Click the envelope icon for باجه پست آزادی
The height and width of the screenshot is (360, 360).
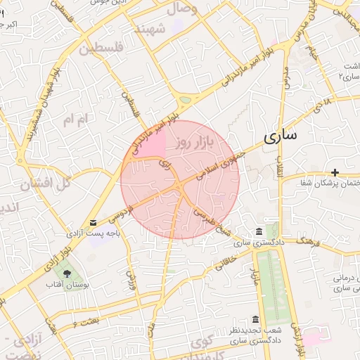click(x=94, y=222)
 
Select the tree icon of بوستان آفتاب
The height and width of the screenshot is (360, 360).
click(x=67, y=274)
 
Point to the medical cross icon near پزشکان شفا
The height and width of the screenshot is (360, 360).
click(x=335, y=172)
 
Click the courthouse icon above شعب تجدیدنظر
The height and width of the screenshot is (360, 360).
click(x=255, y=318)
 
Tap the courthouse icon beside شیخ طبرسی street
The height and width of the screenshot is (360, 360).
click(x=259, y=232)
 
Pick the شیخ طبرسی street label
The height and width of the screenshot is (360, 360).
click(x=212, y=219)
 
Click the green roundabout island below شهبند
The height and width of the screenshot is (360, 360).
click(x=185, y=101)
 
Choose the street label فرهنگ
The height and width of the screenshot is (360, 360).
click(x=308, y=242)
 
